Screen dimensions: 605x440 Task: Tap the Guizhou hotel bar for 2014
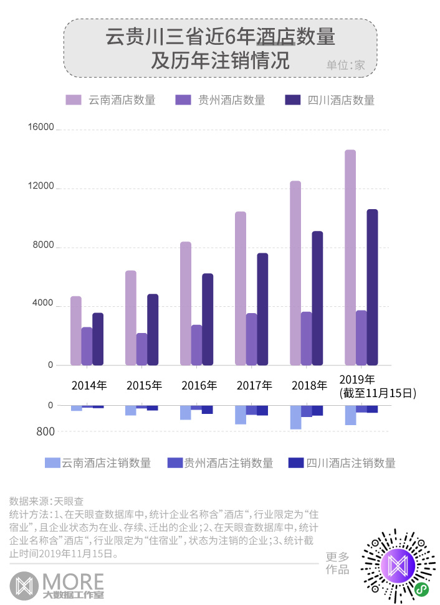(x=87, y=346)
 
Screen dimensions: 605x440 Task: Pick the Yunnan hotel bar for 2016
(x=186, y=303)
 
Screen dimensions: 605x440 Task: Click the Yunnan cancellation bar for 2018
(x=295, y=417)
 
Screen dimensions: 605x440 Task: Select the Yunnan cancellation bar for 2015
(x=130, y=410)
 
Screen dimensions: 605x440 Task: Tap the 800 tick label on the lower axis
(x=45, y=431)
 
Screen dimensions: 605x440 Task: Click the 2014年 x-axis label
(x=89, y=385)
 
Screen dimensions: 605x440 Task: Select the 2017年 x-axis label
(x=254, y=385)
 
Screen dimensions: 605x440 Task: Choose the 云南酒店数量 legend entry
(x=111, y=100)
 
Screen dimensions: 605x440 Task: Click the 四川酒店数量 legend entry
(x=330, y=100)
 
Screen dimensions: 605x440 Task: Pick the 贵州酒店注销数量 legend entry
(x=221, y=463)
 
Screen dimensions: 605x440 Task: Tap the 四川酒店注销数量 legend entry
(x=343, y=463)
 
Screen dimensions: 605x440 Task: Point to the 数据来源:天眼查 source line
(x=47, y=500)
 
